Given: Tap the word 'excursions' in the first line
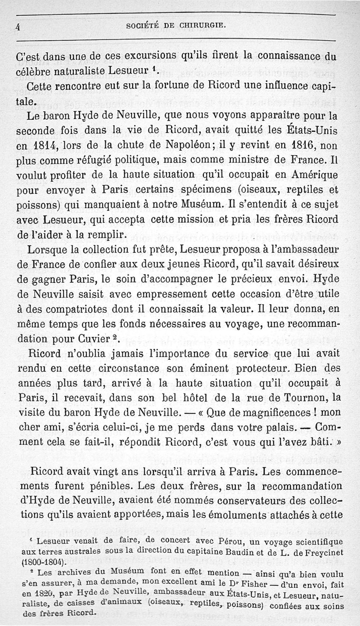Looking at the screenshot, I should (x=153, y=57).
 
